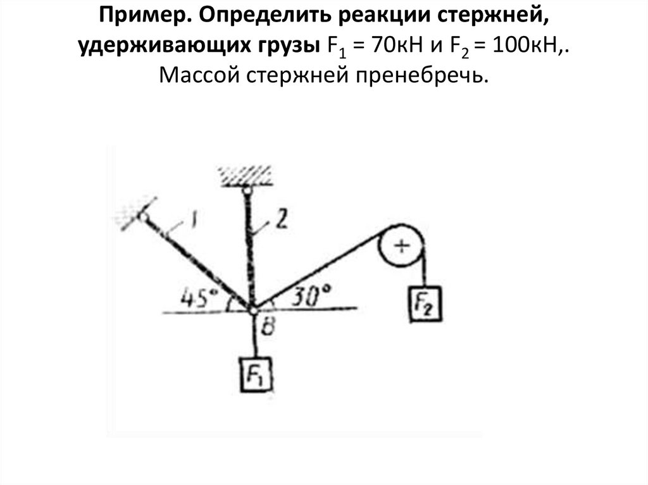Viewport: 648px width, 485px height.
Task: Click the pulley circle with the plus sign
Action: click(401, 246)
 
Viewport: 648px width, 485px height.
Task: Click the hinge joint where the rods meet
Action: click(253, 310)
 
